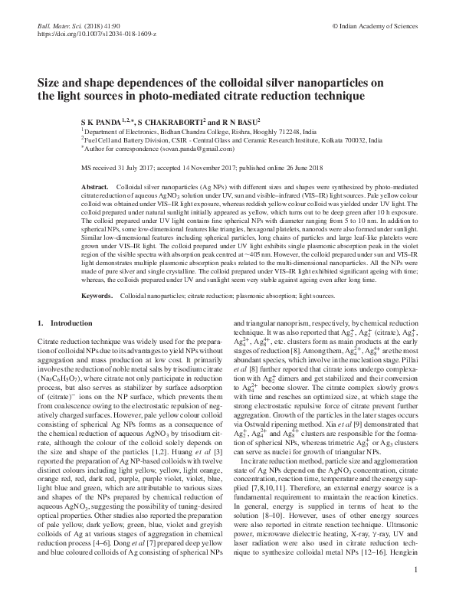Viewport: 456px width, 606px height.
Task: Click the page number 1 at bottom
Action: click(414, 591)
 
